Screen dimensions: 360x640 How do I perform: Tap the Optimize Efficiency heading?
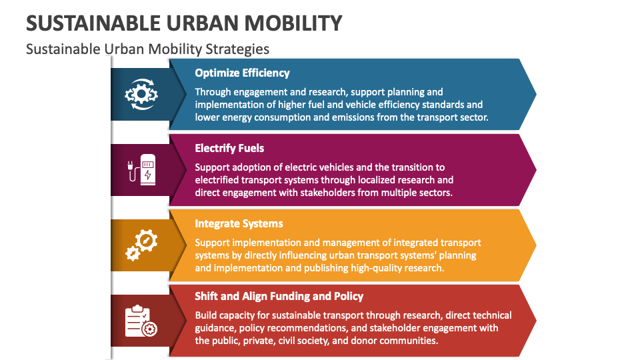pos(242,73)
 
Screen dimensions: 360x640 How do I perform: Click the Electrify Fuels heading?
pos(229,148)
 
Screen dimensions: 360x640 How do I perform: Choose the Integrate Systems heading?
pos(239,223)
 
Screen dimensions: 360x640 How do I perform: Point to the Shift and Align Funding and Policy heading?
pos(279,296)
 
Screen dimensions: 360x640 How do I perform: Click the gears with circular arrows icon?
pos(141,94)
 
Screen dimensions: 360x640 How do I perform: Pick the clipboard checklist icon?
pos(141,321)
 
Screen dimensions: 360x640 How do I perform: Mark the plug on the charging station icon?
pos(130,166)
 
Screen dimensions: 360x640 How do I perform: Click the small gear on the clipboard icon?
pos(150,329)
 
